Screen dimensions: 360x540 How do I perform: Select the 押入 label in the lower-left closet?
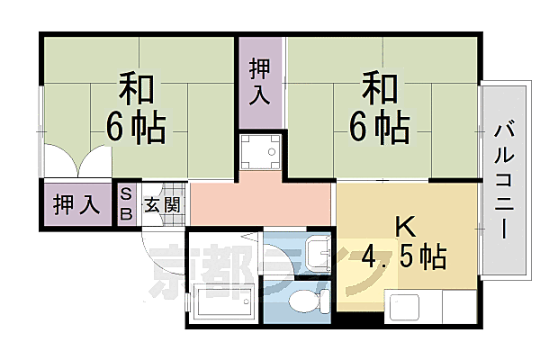click(x=76, y=204)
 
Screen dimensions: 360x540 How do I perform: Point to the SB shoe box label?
click(x=126, y=204)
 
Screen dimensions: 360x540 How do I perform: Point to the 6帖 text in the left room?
click(x=135, y=129)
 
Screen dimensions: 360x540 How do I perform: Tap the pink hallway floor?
click(x=261, y=203)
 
